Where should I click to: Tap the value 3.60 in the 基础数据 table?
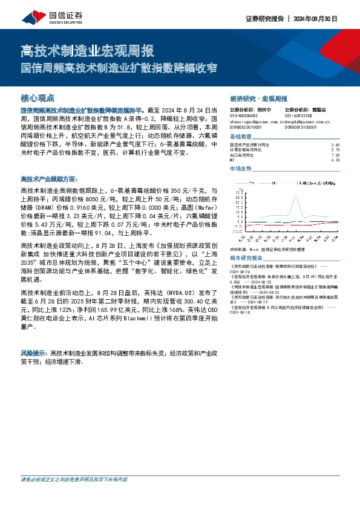pyautogui.click(x=336, y=145)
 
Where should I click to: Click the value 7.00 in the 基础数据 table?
pyautogui.click(x=336, y=155)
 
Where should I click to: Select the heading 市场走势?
pyautogui.click(x=240, y=169)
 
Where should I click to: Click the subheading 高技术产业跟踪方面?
pyautogui.click(x=49, y=180)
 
